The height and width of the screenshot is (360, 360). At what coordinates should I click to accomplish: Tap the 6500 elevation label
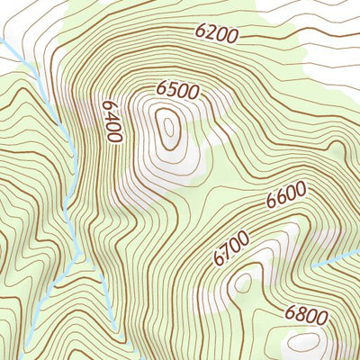point(176,90)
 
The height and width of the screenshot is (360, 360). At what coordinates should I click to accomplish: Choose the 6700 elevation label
point(230,247)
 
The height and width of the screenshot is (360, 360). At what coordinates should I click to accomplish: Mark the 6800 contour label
point(303,314)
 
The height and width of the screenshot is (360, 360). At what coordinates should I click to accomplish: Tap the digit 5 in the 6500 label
point(170,90)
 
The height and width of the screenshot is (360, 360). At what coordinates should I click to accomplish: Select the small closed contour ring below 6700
point(240,283)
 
